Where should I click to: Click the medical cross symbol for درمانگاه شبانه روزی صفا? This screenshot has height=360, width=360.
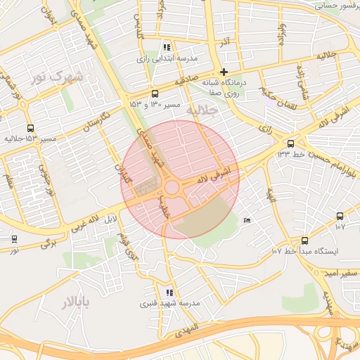click(224, 72)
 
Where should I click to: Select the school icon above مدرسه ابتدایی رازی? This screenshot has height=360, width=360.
click(166, 46)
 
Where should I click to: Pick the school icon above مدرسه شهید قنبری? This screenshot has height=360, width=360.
click(169, 292)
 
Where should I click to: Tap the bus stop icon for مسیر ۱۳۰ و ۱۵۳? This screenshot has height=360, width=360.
click(155, 94)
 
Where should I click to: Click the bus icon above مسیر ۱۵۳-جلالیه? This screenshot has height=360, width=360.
click(30, 129)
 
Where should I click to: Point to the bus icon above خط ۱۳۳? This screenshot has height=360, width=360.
click(291, 143)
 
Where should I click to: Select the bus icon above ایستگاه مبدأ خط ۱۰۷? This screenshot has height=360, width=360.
click(304, 240)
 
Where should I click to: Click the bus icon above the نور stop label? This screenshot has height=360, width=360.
click(14, 239)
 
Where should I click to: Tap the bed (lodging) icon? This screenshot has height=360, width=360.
click(246, 221)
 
